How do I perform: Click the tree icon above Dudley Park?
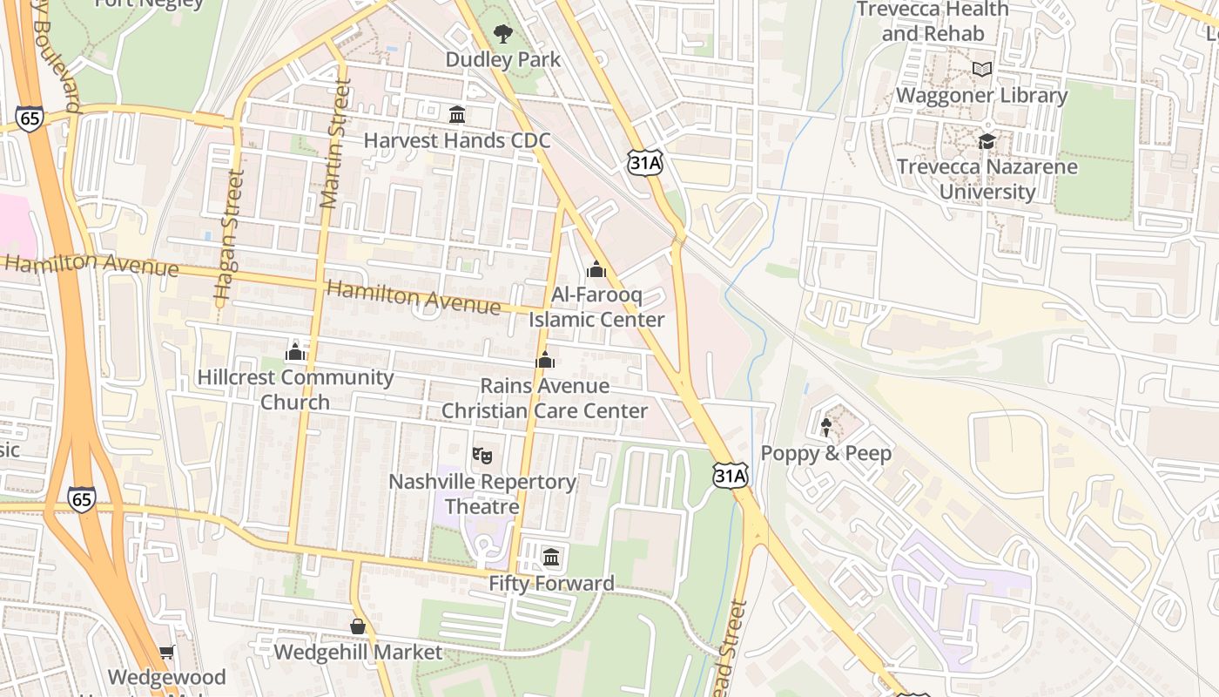pos(503,34)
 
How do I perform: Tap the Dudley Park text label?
pos(503,59)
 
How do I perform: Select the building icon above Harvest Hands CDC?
pos(456,114)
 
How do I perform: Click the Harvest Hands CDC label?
pos(456,140)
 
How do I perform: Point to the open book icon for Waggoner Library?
pos(982,69)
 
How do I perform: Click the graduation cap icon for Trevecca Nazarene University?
pos(987,140)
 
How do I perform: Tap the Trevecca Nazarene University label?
pos(987,179)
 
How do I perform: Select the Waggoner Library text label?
pos(982,95)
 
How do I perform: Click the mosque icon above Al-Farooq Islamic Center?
pos(596,269)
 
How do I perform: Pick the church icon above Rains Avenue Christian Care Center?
pos(545,359)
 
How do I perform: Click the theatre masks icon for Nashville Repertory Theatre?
pos(482,455)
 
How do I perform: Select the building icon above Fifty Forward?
pos(551,557)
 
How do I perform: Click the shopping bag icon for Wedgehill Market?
pos(357,626)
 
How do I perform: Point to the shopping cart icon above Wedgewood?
pos(166,652)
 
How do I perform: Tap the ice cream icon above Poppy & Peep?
pos(826,427)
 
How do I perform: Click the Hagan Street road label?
pos(226,235)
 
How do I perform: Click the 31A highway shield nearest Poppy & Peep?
pos(730,475)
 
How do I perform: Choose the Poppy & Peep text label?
pos(826,453)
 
